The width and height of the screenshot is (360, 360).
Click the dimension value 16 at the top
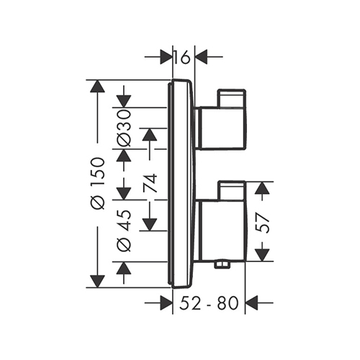coord(182,57)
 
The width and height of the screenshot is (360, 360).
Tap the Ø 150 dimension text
coord(98,184)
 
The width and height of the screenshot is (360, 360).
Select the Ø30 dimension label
coord(125,127)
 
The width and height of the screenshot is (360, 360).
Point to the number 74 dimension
coord(150,184)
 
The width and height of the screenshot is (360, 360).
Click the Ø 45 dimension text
coord(125,230)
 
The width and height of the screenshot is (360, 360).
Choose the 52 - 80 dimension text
coord(210,303)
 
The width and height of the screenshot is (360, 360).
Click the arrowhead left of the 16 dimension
coord(166,57)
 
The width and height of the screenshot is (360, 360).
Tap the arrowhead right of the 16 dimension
coord(201,57)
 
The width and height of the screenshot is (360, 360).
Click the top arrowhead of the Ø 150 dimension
coord(98,86)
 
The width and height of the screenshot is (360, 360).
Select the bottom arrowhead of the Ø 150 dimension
coord(98,282)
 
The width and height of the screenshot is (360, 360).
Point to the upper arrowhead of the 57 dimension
coord(261,188)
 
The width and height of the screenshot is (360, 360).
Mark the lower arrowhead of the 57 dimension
coord(261,255)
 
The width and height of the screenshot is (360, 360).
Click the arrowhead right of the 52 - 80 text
coord(251,303)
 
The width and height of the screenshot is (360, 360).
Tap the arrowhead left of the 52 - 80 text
coord(166,303)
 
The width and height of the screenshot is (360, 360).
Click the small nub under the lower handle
coord(222,265)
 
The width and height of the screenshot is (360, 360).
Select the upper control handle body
coord(221,128)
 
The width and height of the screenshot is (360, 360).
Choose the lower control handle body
coord(221,230)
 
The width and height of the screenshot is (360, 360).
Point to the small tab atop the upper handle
coord(231,98)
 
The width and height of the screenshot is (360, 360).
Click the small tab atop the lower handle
coord(231,191)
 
